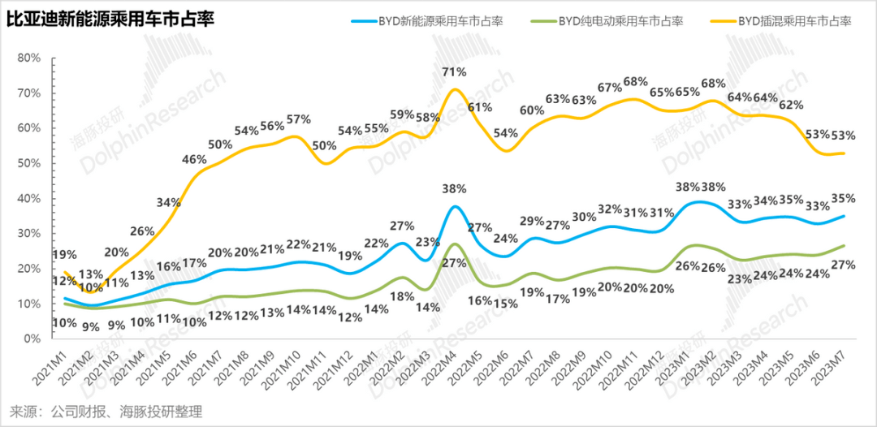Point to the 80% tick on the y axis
(28, 58)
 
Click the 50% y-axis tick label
(28, 163)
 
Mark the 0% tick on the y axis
(31, 339)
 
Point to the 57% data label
(298, 119)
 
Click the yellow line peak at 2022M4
(455, 89)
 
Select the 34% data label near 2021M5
(168, 202)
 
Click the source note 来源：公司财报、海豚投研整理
(105, 412)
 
